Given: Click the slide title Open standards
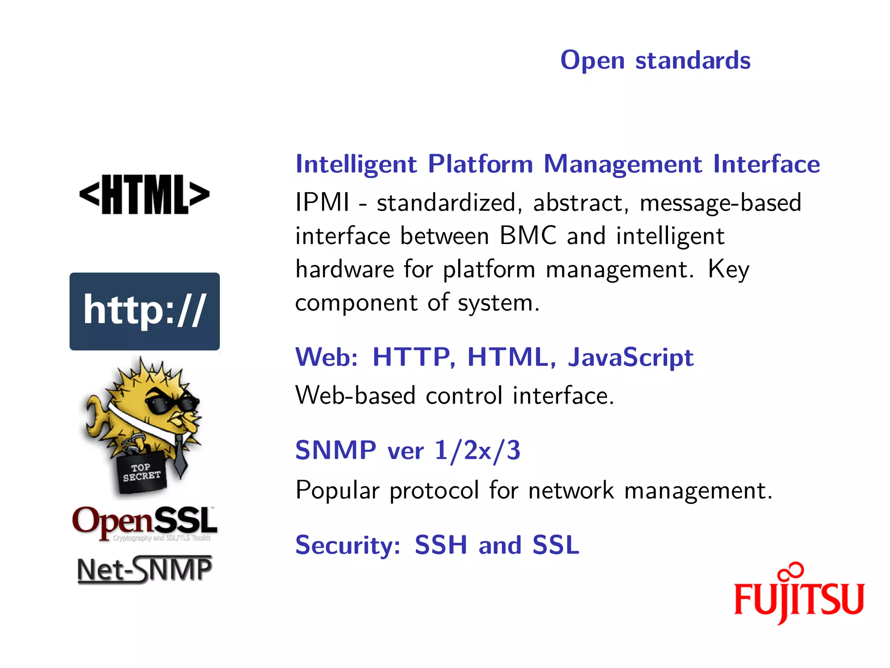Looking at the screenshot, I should coord(655,60).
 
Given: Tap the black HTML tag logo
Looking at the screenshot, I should coord(144,194).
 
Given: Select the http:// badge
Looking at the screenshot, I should coord(144,311).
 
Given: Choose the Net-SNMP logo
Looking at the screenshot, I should coord(144,570).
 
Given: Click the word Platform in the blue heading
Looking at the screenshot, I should coord(480,164).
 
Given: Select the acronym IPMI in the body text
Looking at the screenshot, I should coord(322,203).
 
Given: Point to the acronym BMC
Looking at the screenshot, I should coord(528,236).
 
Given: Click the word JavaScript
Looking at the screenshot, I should coord(631,357).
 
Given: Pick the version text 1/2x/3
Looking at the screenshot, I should coord(477,450).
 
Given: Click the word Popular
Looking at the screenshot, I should coord(337,491).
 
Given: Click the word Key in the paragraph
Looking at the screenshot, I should coord(728,270).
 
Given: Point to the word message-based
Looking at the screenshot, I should coord(721,203).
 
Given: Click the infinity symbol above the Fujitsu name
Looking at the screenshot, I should coord(791,571).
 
